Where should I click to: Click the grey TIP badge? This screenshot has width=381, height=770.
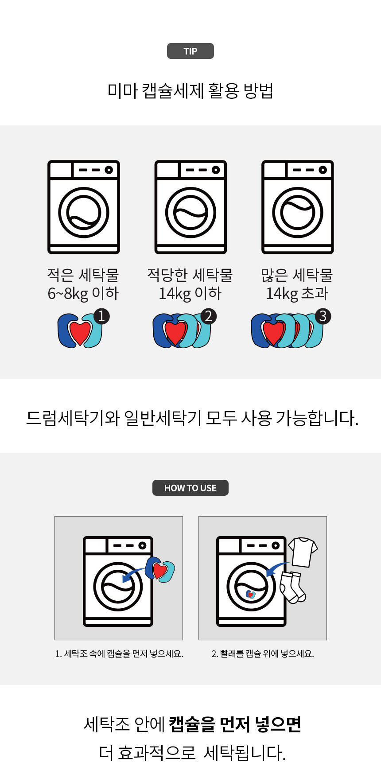pos(190,51)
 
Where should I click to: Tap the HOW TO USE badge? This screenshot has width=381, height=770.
pos(190,488)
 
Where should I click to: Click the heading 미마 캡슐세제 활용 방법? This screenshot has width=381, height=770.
pos(190,90)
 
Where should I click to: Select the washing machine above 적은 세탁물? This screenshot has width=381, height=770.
pos(84,207)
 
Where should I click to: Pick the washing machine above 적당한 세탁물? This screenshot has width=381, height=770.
pos(190,207)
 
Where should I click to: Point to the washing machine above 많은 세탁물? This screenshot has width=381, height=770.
pos(297,207)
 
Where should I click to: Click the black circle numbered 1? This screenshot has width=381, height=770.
pos(101,316)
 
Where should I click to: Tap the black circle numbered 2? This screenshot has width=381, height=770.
pos(209,316)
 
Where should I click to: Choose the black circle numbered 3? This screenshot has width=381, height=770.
pos(323,316)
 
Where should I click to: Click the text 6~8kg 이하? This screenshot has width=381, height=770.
pos(83,293)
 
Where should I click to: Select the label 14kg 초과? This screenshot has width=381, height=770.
pos(297,293)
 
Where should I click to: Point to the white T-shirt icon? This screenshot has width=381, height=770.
pos(303,552)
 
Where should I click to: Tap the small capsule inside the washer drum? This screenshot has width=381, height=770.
pos(251,594)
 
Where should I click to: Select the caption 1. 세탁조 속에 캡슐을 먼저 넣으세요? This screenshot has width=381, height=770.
pos(119,653)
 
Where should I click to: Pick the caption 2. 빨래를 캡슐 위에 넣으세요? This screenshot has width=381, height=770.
pos(263,653)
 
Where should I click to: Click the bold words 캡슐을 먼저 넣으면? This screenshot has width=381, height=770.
pos(235,724)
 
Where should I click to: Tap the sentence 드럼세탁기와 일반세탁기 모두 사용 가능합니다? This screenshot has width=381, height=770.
pos(192,418)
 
